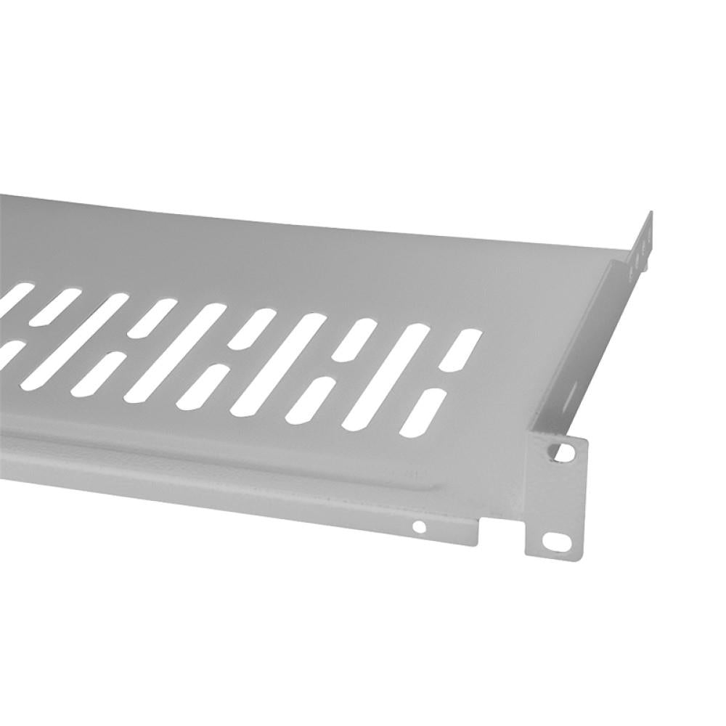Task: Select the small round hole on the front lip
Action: coord(419,526)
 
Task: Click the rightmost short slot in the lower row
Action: coord(423,412)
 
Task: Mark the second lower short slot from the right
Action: coord(310,400)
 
